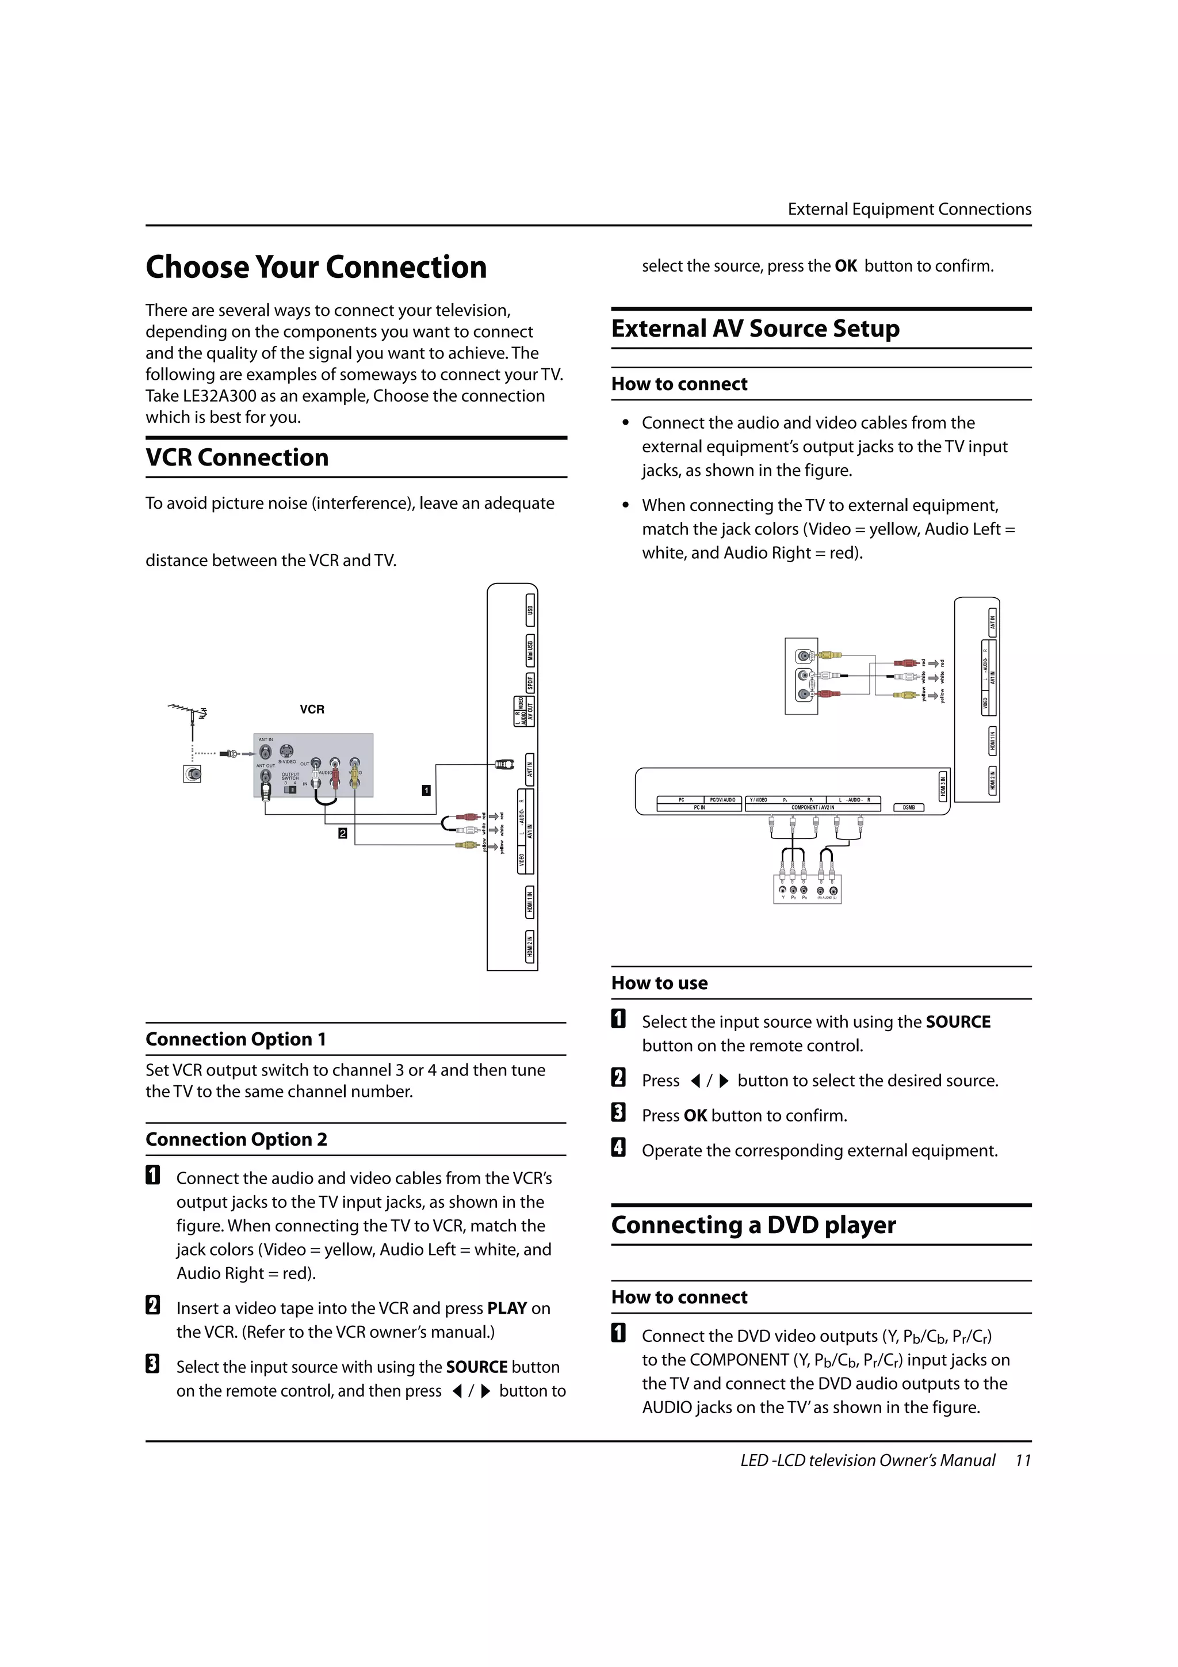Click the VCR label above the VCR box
pyautogui.click(x=312, y=709)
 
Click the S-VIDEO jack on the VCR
pyautogui.click(x=286, y=752)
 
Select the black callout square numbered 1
pyautogui.click(x=426, y=790)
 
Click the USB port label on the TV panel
pyautogui.click(x=530, y=610)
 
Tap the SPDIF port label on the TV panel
pyautogui.click(x=530, y=682)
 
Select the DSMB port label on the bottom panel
pyautogui.click(x=908, y=807)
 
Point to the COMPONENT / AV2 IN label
pyautogui.click(x=812, y=807)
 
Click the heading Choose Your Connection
pyautogui.click(x=316, y=267)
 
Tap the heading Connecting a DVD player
pyautogui.click(x=754, y=1225)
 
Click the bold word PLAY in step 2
pyautogui.click(x=507, y=1309)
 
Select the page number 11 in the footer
pyautogui.click(x=1023, y=1460)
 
